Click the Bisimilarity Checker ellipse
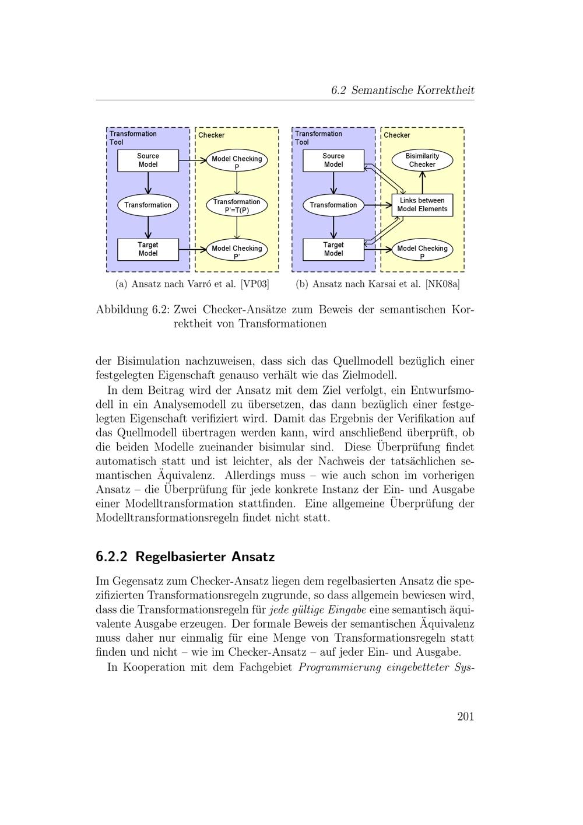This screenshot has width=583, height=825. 422,160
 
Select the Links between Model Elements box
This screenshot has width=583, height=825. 422,205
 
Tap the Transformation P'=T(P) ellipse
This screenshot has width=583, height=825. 237,206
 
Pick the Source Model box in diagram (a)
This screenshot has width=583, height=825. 148,160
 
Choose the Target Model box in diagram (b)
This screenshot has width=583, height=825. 333,249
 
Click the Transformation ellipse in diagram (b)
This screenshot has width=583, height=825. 333,205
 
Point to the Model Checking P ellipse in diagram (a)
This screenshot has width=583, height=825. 237,162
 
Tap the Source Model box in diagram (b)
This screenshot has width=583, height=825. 333,160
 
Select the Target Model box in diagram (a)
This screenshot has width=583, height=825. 148,249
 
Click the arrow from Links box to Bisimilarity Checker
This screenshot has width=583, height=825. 422,183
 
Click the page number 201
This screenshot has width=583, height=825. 465,717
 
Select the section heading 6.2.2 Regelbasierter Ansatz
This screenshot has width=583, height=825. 185,557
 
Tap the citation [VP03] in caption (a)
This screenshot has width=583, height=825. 255,284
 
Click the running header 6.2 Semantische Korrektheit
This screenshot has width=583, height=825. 402,90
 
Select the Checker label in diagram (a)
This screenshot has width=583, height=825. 211,135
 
